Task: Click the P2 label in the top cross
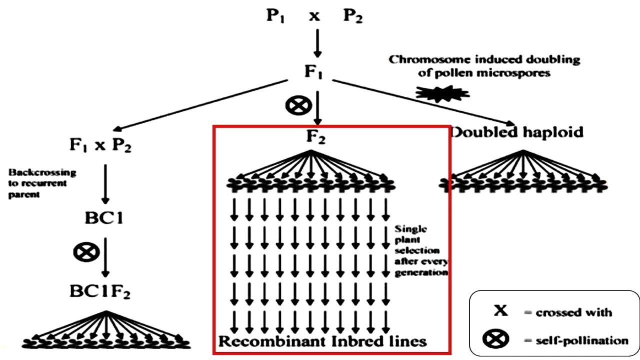pos(352,16)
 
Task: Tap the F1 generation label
pos(313,71)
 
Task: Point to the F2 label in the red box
pos(315,136)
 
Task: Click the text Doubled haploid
pos(517,132)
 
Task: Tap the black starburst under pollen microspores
pos(442,92)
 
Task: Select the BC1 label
pos(104,218)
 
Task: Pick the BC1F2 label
pos(100,291)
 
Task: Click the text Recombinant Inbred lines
pos(323,341)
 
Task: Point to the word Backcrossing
pos(42,172)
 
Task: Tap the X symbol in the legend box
pos(500,311)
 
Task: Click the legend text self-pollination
pos(575,340)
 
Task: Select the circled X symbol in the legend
pos(496,339)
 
